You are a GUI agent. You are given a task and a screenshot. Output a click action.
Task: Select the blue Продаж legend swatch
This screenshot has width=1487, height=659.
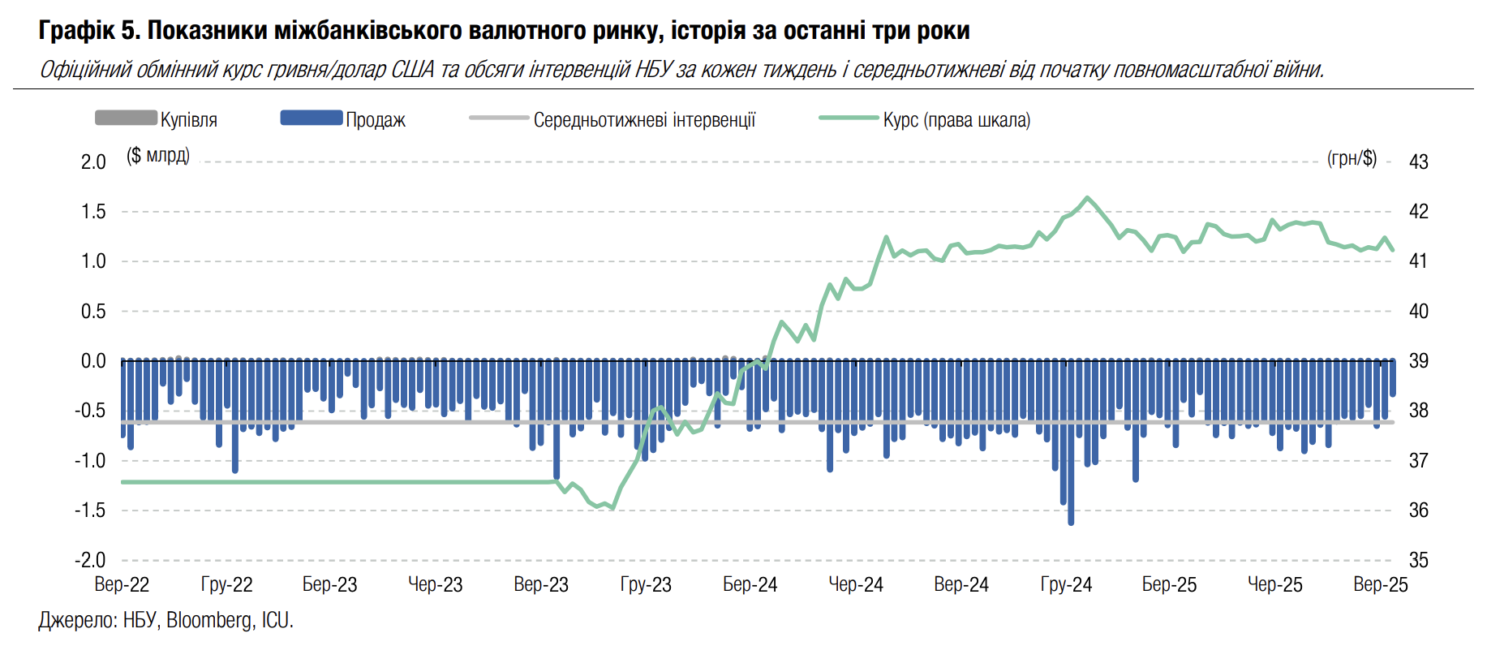coord(312,118)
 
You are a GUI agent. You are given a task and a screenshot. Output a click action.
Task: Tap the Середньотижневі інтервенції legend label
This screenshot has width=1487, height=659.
coord(644,120)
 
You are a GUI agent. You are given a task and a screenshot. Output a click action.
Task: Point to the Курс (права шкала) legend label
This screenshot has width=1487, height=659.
coord(956,120)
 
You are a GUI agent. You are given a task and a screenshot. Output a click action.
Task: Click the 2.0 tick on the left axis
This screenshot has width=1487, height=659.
coord(93,162)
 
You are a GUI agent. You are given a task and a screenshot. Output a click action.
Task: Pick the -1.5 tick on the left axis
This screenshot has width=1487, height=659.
coord(90,510)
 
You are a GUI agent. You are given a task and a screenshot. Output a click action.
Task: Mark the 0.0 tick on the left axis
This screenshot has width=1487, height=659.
coord(93,361)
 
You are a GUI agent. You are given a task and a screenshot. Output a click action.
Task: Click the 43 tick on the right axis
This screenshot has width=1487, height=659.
coord(1418,162)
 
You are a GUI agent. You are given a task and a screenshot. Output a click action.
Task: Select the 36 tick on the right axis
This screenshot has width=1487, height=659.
coord(1418,510)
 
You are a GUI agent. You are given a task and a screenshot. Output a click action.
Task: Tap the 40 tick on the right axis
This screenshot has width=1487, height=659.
coord(1418,311)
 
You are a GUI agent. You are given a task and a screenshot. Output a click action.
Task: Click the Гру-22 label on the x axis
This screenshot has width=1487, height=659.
coord(226,584)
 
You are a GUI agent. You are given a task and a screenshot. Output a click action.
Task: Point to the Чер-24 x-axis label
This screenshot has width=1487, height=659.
coord(855,584)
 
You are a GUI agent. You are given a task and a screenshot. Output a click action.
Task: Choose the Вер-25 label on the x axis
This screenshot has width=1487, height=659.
coord(1380,584)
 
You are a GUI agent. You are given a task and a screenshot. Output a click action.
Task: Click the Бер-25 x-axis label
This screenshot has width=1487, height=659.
coord(1169,584)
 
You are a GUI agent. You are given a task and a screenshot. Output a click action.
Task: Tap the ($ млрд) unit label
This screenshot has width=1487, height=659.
coord(158,155)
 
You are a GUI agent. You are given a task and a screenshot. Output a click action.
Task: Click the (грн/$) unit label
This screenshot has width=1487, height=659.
coord(1352,158)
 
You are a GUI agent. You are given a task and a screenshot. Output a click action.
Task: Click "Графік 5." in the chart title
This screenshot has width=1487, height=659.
coord(89,31)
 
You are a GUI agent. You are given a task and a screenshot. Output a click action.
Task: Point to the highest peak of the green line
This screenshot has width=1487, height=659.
coord(1087,197)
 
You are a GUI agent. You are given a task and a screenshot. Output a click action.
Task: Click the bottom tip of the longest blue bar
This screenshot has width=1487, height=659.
coord(1071,523)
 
